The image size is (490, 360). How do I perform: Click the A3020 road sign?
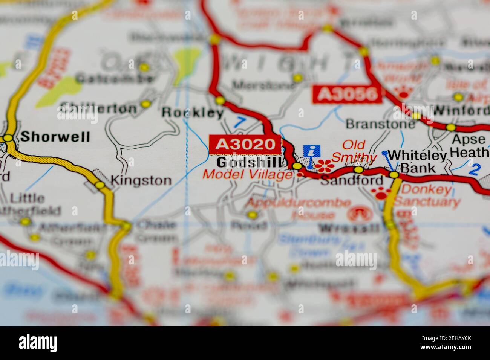tap(245, 144)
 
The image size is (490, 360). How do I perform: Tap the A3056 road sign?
tap(347, 94)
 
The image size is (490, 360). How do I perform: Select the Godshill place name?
tap(249, 162)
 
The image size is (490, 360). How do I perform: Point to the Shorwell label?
tap(55, 136)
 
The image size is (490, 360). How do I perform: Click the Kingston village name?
tap(141, 180)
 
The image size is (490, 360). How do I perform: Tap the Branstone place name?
tap(375, 124)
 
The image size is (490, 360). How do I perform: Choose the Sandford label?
tap(351, 181)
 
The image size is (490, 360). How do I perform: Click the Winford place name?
tap(461, 111)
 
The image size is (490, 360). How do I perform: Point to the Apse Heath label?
tap(469, 146)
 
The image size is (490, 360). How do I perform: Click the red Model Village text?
tap(247, 174)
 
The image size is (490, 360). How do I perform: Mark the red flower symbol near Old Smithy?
tap(324, 165)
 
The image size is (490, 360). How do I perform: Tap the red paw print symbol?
tap(381, 193)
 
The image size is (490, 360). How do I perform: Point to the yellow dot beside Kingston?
tap(100, 185)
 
